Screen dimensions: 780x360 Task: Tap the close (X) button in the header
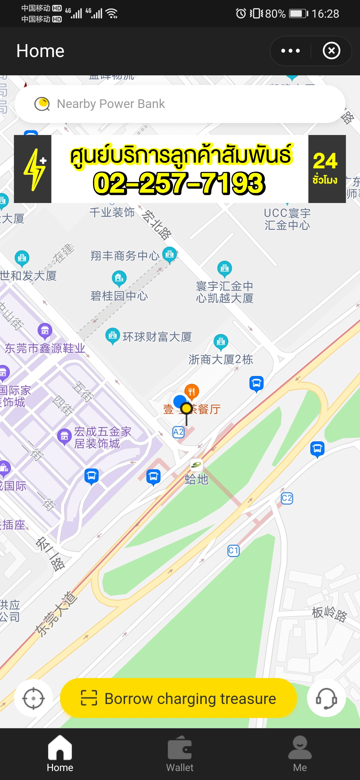(331, 51)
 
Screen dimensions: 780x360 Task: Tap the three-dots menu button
(290, 51)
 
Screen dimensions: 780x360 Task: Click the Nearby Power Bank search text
(111, 104)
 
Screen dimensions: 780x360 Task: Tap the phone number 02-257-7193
(179, 183)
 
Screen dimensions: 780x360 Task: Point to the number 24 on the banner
(325, 161)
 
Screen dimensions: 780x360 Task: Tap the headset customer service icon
(326, 698)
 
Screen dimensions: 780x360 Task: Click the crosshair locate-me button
(33, 698)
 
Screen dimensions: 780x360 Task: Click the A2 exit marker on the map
(178, 432)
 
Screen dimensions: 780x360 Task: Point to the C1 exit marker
(233, 550)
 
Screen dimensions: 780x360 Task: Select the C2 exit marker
(287, 498)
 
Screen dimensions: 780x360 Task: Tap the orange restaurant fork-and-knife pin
(192, 391)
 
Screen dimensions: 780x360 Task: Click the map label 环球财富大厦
(157, 337)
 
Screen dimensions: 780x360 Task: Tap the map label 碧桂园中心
(119, 296)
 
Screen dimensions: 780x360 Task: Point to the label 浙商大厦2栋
(221, 360)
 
